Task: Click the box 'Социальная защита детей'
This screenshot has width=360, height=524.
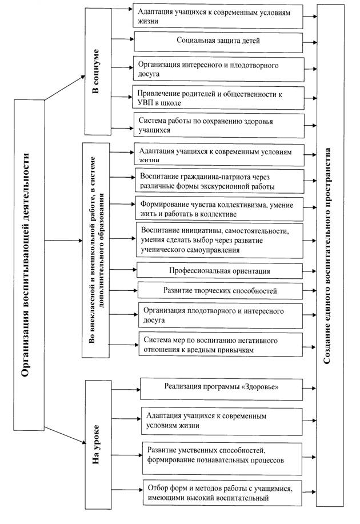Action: pos(218,42)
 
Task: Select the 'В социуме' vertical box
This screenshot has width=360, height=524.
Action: pos(98,71)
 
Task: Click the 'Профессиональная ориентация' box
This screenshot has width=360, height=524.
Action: pos(219,270)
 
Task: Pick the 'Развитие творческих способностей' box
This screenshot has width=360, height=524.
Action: pos(220,290)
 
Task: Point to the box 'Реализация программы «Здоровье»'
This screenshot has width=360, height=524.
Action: pos(221,389)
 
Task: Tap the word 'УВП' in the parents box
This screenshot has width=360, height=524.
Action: pos(145,103)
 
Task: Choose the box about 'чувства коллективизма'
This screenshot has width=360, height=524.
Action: pos(219,209)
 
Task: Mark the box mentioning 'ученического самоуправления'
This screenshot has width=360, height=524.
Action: pos(219,241)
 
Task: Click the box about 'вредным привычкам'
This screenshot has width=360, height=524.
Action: pos(221,345)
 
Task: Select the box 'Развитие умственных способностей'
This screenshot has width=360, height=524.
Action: pos(222,459)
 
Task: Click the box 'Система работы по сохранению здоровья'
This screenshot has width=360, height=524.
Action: pos(219,126)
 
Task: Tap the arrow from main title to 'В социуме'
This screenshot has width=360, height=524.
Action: pos(65,87)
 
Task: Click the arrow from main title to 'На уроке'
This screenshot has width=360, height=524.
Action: pos(65,435)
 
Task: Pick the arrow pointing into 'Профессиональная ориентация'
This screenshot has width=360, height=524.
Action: pos(123,269)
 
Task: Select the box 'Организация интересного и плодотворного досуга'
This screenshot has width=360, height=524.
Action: pos(219,70)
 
